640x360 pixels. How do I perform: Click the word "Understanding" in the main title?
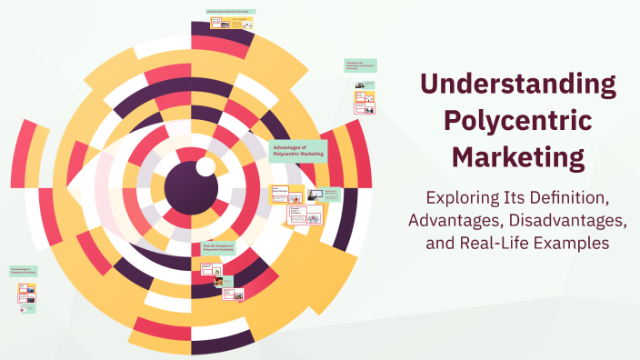(518, 85)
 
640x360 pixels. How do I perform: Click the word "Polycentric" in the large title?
(517, 122)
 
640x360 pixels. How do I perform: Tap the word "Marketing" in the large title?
(518, 157)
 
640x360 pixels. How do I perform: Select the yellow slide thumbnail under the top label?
(241, 23)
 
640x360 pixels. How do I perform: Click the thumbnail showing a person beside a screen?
(313, 194)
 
